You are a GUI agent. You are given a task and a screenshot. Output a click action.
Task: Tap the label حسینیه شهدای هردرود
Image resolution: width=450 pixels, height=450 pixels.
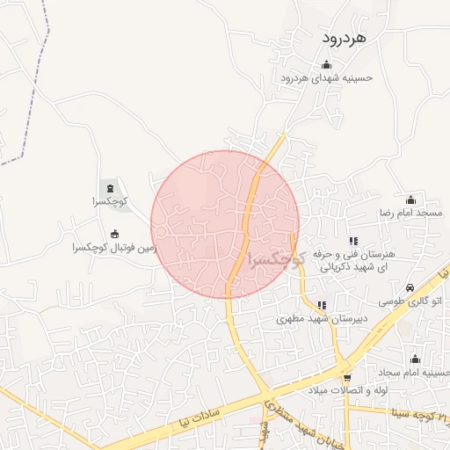click(x=327, y=77)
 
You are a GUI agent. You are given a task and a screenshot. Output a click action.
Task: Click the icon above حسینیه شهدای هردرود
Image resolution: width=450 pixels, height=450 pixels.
click(x=327, y=63)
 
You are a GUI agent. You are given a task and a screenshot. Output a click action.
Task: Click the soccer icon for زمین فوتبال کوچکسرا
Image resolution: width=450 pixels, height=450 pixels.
click(x=114, y=234)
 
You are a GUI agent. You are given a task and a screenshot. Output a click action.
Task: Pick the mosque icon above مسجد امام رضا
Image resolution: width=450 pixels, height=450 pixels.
click(x=410, y=200)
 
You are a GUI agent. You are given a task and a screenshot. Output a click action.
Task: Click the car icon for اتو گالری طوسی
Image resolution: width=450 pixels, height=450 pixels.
click(x=410, y=287)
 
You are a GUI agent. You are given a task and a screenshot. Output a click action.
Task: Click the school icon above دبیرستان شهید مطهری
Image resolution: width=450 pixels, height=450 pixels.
click(x=322, y=305)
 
